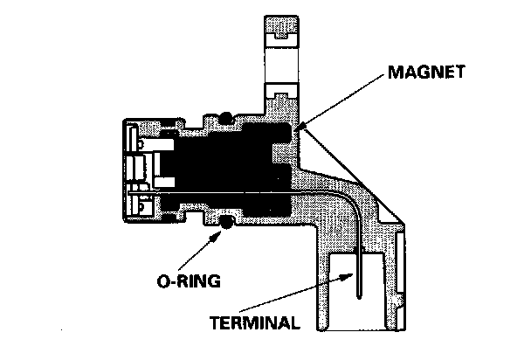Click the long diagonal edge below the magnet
point(349,175)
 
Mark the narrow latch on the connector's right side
point(400,280)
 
